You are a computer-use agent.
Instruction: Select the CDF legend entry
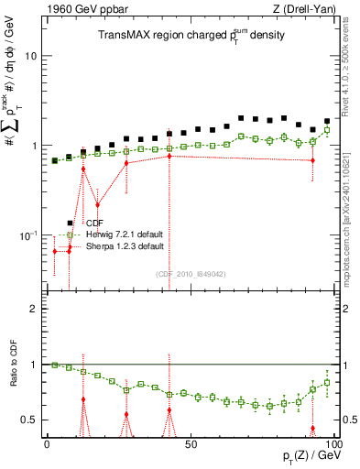point(94,223)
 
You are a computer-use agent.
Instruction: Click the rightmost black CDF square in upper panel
point(326,121)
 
